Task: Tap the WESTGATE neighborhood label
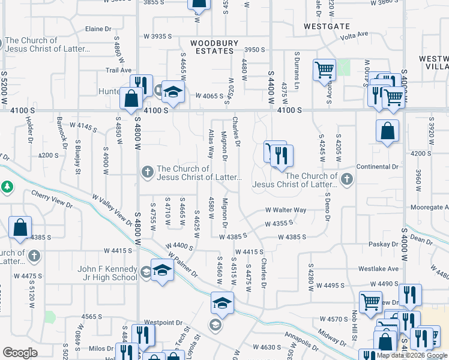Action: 327,26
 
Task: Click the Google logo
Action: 20,353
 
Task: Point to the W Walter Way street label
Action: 286,210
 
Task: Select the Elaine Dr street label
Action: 99,29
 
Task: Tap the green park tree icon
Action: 7,187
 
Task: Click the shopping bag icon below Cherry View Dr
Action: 20,229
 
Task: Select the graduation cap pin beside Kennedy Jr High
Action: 161,271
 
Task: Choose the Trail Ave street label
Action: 118,70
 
